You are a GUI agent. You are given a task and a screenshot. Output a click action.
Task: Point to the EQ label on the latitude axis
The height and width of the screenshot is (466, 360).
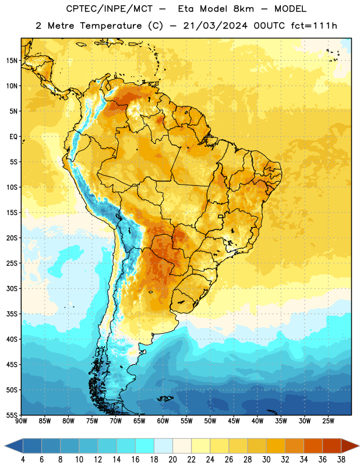[13, 137]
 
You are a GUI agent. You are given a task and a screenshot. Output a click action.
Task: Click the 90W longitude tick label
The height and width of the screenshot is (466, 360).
[21, 421]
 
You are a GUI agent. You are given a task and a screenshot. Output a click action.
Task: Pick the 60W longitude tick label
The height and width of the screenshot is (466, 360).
[163, 421]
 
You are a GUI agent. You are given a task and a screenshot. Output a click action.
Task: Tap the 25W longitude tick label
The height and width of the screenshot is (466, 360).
[328, 421]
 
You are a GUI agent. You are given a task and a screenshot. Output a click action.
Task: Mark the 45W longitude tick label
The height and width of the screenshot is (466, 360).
[234, 421]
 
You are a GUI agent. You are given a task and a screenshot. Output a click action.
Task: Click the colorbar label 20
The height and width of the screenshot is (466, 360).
[172, 460]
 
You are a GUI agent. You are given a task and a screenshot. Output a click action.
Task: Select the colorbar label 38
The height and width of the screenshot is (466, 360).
[341, 460]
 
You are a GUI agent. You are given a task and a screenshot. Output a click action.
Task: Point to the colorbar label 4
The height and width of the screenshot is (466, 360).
[23, 460]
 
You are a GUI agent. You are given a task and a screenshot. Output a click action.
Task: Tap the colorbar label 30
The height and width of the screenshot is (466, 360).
[266, 460]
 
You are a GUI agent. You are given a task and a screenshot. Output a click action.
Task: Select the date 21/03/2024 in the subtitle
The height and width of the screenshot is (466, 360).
[215, 26]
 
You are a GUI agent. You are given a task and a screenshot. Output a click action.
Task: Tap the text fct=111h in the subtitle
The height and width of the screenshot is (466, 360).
[314, 26]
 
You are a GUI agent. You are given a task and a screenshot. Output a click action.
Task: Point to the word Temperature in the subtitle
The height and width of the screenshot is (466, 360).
[111, 26]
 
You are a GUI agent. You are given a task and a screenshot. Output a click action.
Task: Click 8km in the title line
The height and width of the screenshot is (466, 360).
[243, 9]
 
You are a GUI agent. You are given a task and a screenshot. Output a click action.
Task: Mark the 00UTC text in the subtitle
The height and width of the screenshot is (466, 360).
[269, 26]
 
